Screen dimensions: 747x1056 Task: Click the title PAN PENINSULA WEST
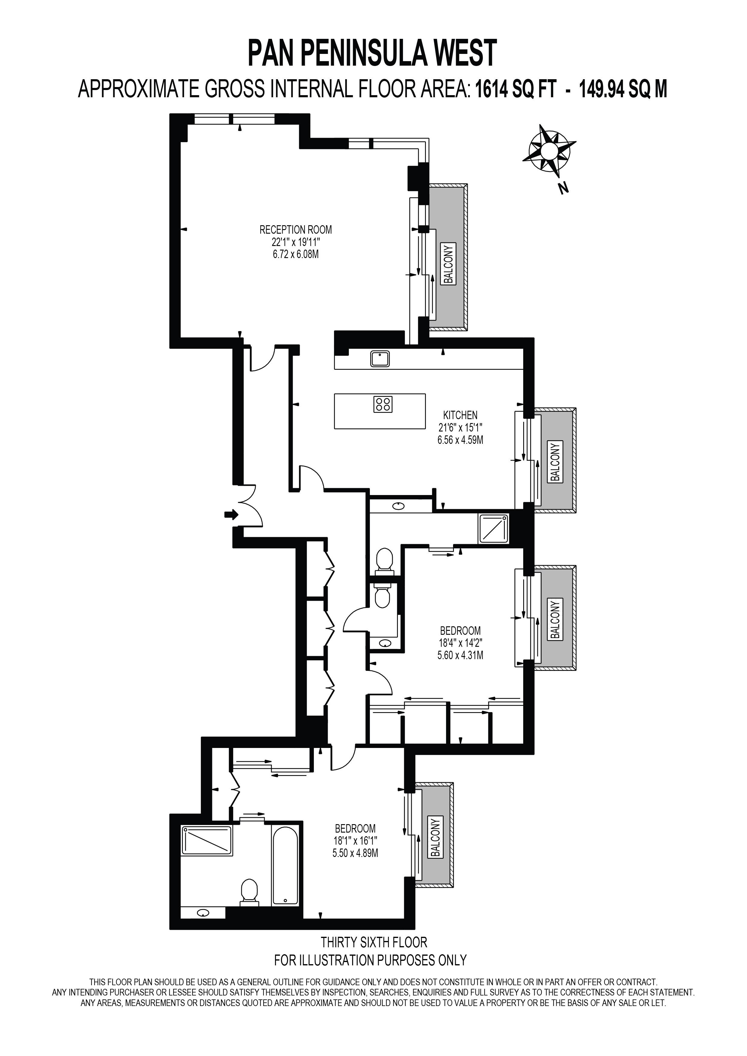point(373,53)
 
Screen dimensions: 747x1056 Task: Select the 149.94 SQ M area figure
point(623,89)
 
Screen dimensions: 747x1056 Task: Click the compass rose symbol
point(549,151)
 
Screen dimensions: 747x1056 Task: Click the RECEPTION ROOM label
point(296,229)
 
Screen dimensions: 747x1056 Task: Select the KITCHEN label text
point(461,415)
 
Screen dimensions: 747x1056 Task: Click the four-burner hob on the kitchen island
point(383,404)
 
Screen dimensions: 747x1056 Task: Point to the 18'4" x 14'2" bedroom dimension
point(461,643)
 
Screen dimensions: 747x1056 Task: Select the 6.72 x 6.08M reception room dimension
point(296,254)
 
